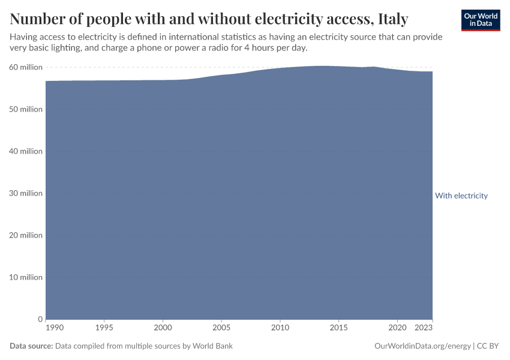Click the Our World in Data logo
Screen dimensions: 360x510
480,20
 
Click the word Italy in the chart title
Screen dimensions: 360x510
393,19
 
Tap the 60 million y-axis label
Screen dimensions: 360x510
26,67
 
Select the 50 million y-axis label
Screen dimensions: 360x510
26,109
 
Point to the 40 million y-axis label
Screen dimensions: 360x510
26,151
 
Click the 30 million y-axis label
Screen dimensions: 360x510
26,193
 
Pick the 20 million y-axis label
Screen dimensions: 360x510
26,235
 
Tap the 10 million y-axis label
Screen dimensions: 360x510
26,277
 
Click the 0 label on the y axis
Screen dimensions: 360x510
40,319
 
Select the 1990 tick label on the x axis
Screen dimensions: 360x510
54,328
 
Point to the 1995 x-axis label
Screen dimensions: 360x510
104,328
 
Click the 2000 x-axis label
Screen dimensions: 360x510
163,328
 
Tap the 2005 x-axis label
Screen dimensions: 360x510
221,328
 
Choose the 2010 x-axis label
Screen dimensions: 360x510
280,328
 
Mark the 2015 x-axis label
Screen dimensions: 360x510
338,328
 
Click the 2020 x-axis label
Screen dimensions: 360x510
397,328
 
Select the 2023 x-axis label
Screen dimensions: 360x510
424,328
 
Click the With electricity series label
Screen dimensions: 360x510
461,196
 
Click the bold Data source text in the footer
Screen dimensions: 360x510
31,346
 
